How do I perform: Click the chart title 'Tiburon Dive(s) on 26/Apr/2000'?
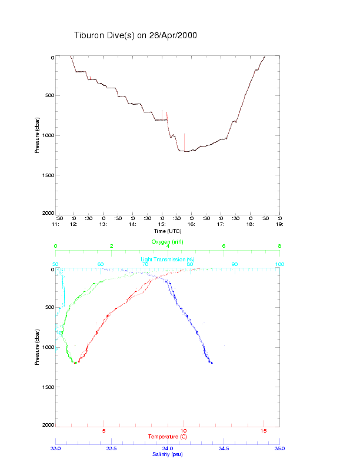pyautogui.click(x=135, y=35)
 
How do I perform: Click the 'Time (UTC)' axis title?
pyautogui.click(x=168, y=231)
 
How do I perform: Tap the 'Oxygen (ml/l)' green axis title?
pyautogui.click(x=168, y=242)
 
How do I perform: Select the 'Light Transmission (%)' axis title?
pyautogui.click(x=168, y=260)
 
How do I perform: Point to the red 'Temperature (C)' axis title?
pyautogui.click(x=168, y=437)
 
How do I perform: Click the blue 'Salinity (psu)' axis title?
pyautogui.click(x=168, y=454)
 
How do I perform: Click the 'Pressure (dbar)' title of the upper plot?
pyautogui.click(x=37, y=135)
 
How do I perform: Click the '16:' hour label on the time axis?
pyautogui.click(x=191, y=224)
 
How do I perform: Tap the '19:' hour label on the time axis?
pyautogui.click(x=279, y=224)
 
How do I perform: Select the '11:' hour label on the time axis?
pyautogui.click(x=55, y=224)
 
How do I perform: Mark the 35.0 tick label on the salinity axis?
pyautogui.click(x=279, y=448)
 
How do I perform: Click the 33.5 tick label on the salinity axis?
pyautogui.click(x=112, y=448)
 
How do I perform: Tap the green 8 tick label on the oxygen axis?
pyautogui.click(x=279, y=246)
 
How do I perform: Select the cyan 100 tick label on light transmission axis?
pyautogui.click(x=279, y=264)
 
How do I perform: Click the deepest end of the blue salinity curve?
pyautogui.click(x=212, y=363)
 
